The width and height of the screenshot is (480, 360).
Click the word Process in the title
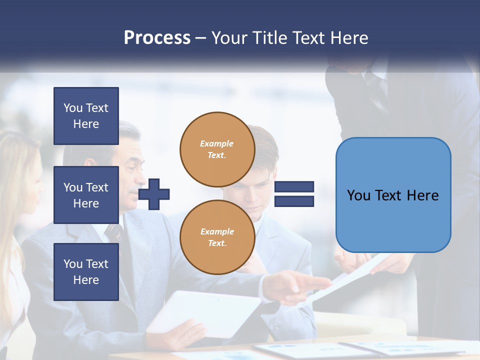click(157, 38)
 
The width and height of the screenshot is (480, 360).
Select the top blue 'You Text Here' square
click(86, 116)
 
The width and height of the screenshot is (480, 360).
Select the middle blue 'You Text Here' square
click(86, 195)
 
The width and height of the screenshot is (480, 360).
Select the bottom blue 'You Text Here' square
click(86, 272)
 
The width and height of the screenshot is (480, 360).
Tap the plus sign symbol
click(154, 194)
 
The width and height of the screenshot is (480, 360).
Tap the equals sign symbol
click(294, 194)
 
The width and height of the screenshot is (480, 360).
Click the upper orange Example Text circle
click(217, 149)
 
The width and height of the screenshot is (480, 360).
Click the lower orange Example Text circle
click(217, 237)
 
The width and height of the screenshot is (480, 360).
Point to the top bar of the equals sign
click(294, 187)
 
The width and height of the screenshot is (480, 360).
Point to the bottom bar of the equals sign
click(294, 201)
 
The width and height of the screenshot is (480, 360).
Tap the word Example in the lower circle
click(217, 231)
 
